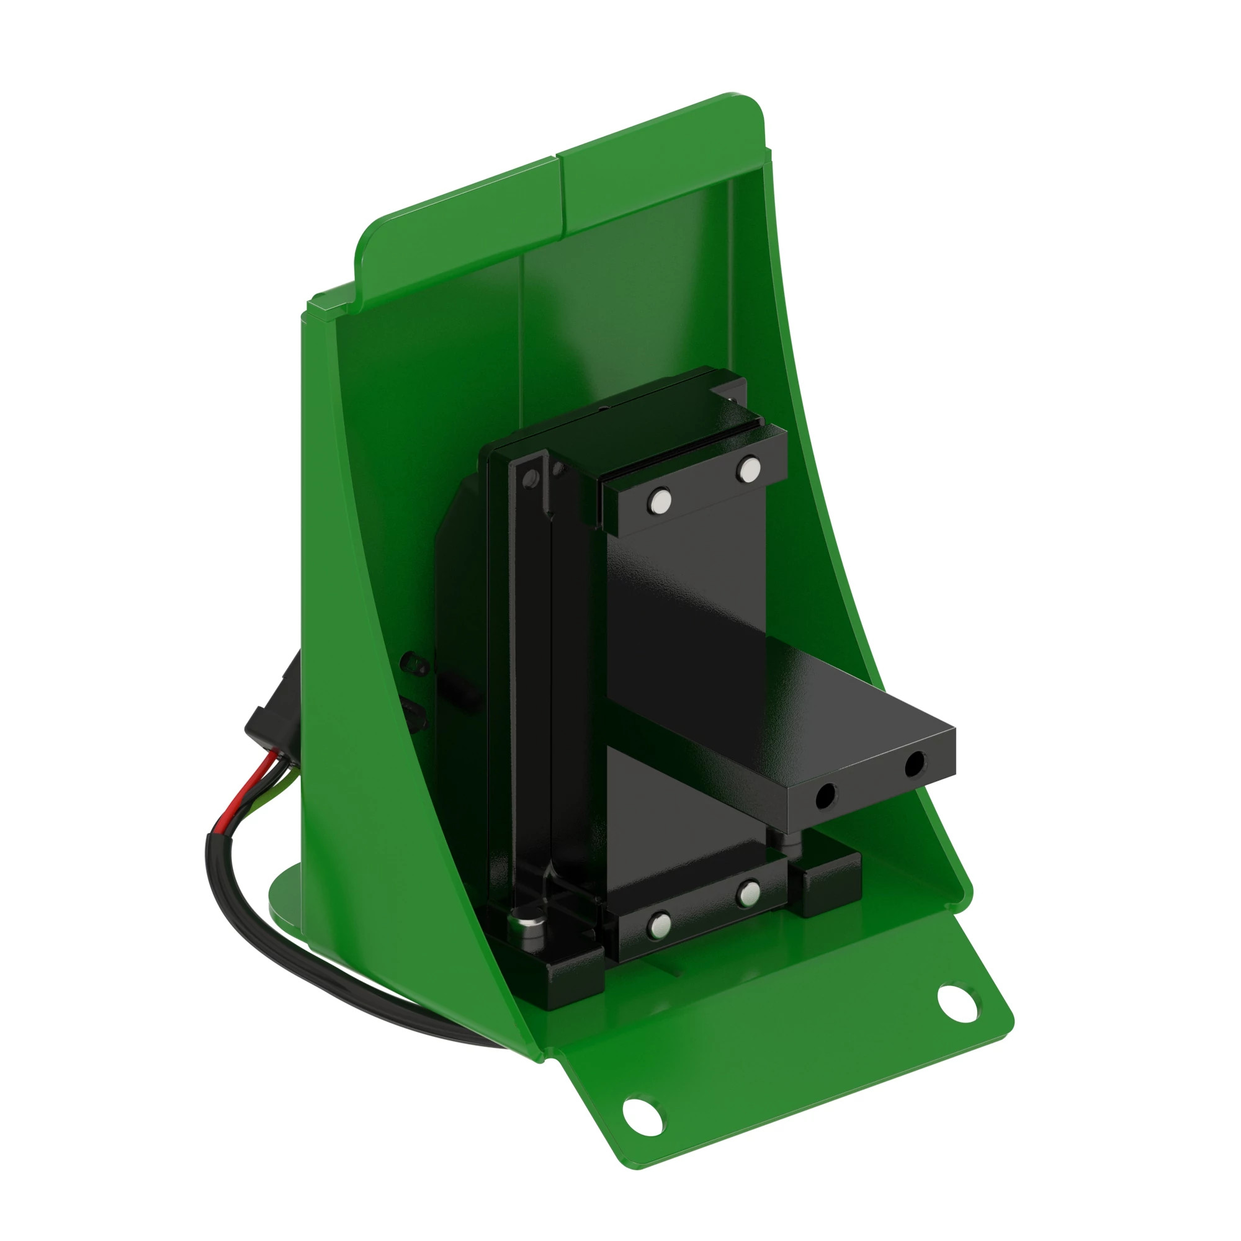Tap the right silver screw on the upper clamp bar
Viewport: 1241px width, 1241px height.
click(748, 468)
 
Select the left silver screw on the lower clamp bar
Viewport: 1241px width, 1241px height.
click(658, 925)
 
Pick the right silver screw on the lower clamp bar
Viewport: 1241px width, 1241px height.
click(748, 893)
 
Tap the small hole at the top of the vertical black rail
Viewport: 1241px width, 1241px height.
click(531, 478)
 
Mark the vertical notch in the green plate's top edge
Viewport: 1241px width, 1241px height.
click(560, 193)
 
